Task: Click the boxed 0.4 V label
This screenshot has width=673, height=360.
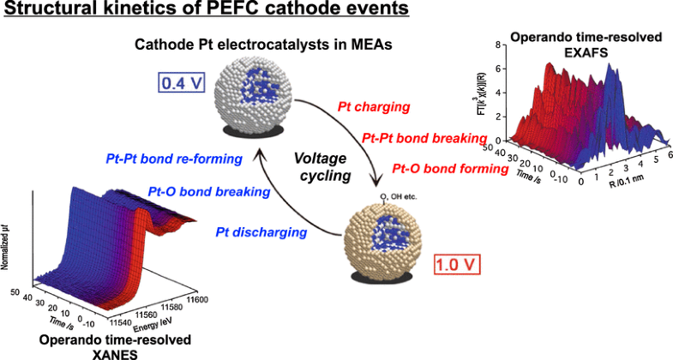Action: pos(179,85)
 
